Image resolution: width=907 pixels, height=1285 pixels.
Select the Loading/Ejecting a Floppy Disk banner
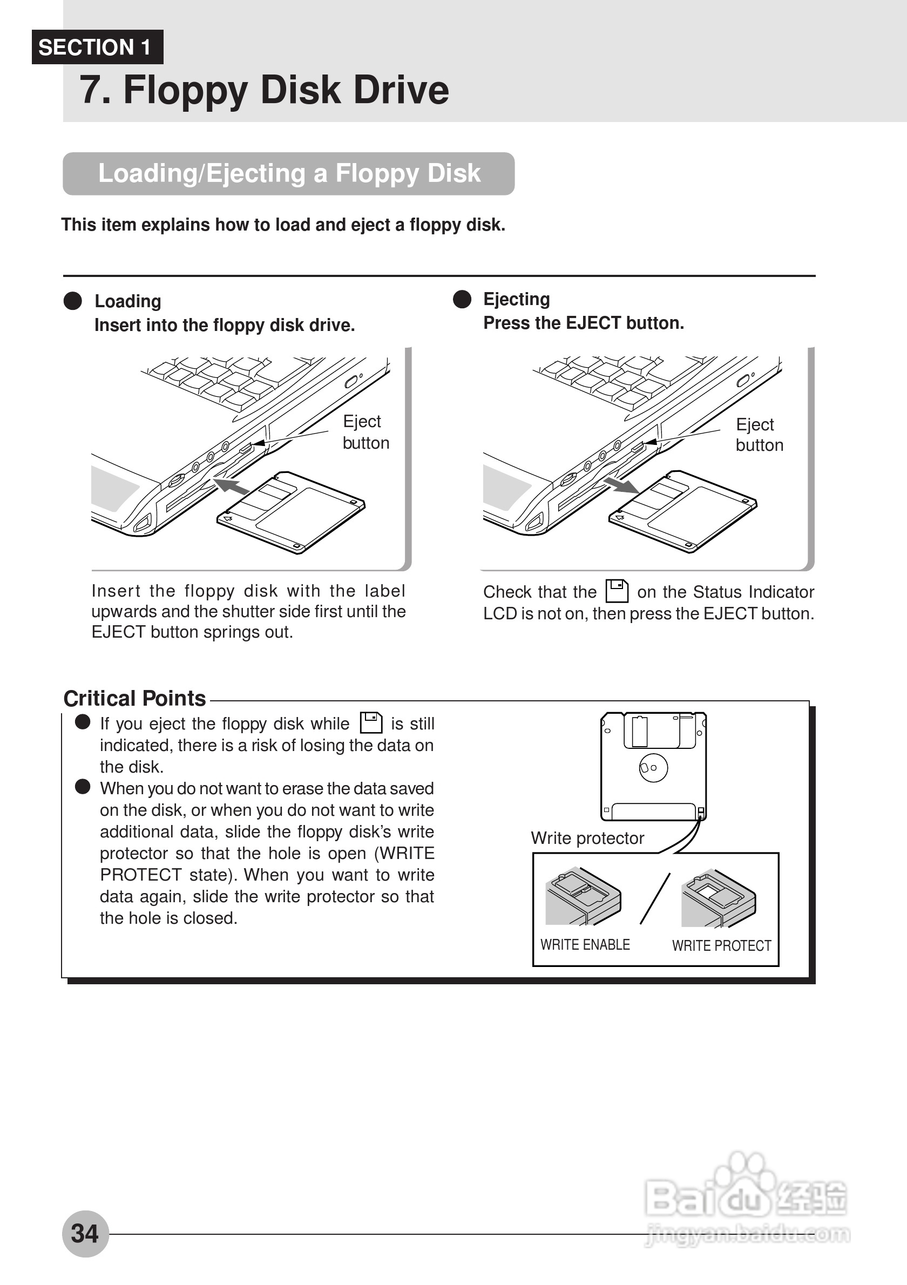(289, 173)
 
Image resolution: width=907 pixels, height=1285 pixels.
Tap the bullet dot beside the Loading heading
(73, 301)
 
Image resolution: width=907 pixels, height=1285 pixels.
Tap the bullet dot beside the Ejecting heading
(462, 299)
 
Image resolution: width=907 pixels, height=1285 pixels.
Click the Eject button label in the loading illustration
(365, 432)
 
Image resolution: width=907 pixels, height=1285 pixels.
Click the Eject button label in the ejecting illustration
(759, 435)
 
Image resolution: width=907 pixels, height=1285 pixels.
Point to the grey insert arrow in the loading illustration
(232, 485)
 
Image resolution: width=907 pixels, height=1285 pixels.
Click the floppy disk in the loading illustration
(291, 511)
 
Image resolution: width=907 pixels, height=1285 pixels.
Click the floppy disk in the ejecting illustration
(682, 510)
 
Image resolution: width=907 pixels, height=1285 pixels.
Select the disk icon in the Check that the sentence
(617, 591)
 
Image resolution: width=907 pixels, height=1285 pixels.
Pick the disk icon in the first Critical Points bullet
(370, 722)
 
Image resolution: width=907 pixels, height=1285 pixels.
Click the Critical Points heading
(134, 699)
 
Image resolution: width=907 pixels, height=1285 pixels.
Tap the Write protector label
(587, 838)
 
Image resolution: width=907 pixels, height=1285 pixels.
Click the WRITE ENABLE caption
(585, 945)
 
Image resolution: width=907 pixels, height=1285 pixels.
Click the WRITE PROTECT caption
(721, 946)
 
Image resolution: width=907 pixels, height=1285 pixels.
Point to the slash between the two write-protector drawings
(655, 899)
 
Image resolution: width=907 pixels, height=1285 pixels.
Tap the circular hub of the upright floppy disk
(653, 768)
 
